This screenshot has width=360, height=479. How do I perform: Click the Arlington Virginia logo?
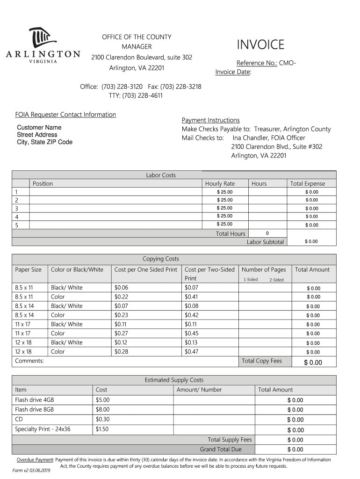coord(43,47)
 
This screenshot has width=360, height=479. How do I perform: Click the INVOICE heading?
coord(260,45)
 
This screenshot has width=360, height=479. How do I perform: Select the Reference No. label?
coord(257,63)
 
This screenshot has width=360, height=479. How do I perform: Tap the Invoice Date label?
coord(233,72)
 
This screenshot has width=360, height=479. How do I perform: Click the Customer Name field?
coord(39,128)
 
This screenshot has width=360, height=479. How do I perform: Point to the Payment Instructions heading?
coord(210,120)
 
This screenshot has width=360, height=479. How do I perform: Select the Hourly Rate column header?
coord(220,184)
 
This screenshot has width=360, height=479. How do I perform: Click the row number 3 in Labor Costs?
coord(16,208)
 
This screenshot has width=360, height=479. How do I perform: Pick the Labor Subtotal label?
coord(265,242)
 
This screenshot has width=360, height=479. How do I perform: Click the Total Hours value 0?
coord(267,233)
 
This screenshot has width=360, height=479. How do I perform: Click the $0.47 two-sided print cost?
coord(191,352)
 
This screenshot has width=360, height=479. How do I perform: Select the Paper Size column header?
coord(28,270)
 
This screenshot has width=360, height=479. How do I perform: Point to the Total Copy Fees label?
coord(262,361)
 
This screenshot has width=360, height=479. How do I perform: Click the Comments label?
coord(29,361)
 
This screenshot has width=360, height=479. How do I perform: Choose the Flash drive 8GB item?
coord(35,409)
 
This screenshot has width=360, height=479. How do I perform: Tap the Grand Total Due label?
coord(221,450)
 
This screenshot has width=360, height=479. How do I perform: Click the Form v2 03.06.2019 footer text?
coord(31,471)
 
